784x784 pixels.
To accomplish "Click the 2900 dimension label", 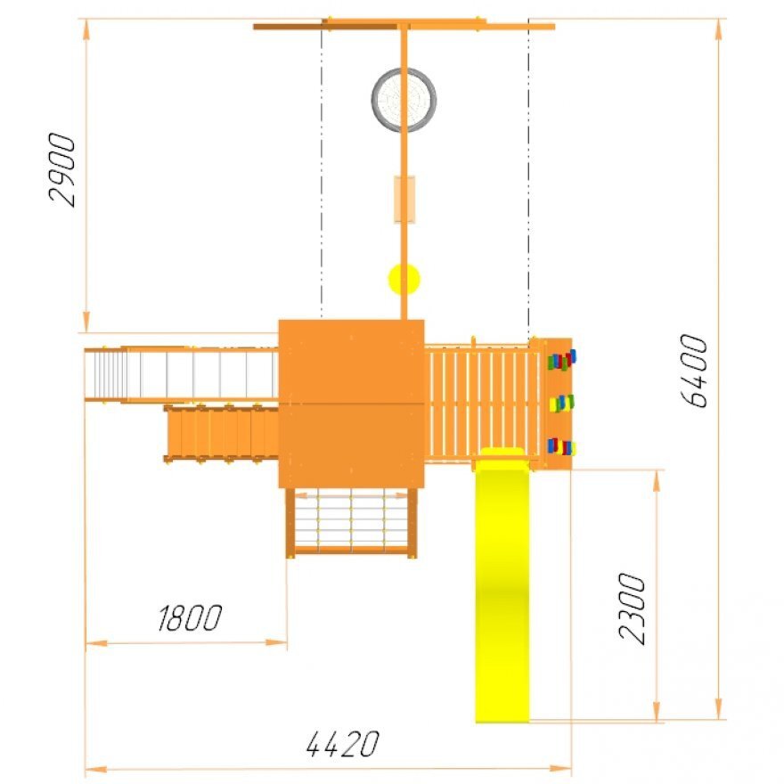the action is point(62,170).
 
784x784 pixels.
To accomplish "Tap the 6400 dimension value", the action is point(694,371).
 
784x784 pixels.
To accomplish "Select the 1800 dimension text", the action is point(190,618).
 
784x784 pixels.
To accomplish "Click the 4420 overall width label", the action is point(342,744).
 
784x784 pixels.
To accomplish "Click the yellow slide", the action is point(502,585).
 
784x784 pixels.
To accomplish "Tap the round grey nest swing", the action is point(404,100).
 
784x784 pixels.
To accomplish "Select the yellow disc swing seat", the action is point(404,279).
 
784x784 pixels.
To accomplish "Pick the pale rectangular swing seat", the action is point(404,199).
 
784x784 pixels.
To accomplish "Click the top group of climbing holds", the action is point(561,360).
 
